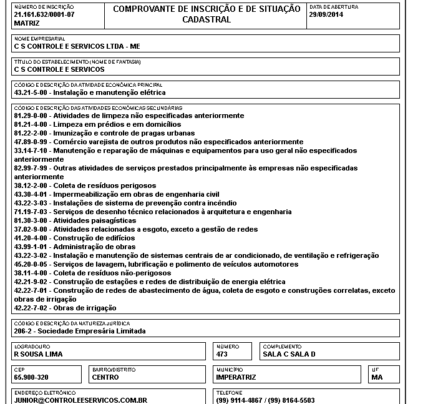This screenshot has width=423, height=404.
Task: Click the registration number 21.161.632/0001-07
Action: click(x=44, y=14)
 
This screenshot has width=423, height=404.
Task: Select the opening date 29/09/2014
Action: click(x=326, y=14)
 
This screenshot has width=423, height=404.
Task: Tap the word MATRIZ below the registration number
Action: click(x=26, y=22)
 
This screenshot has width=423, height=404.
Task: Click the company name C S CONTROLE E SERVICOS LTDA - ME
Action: click(x=77, y=46)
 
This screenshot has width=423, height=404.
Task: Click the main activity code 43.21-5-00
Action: click(x=32, y=92)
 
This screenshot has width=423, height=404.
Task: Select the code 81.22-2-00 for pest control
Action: click(x=32, y=133)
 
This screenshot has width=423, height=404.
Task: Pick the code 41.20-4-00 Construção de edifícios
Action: click(x=32, y=238)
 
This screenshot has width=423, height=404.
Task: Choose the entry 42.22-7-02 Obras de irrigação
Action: click(x=65, y=308)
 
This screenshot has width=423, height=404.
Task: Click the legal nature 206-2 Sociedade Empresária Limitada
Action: click(x=79, y=331)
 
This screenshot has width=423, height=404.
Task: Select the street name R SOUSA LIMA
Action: click(x=38, y=354)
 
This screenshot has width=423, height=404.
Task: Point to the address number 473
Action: click(x=222, y=354)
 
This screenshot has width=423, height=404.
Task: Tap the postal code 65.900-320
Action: click(x=31, y=377)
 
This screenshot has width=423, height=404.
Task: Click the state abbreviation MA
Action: click(x=377, y=377)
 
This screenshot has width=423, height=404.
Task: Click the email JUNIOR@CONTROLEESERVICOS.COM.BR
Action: click(x=80, y=400)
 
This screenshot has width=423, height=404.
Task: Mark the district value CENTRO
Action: click(x=105, y=377)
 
